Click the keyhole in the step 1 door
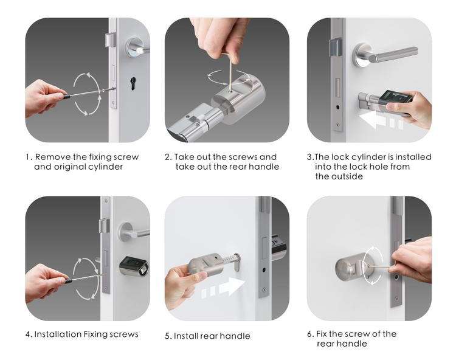133,83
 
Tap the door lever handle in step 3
384,54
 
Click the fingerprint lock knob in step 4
134,265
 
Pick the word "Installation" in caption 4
58,334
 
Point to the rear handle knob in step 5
207,265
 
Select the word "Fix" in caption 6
322,334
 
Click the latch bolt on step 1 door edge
109,40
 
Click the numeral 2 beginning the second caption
167,157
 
